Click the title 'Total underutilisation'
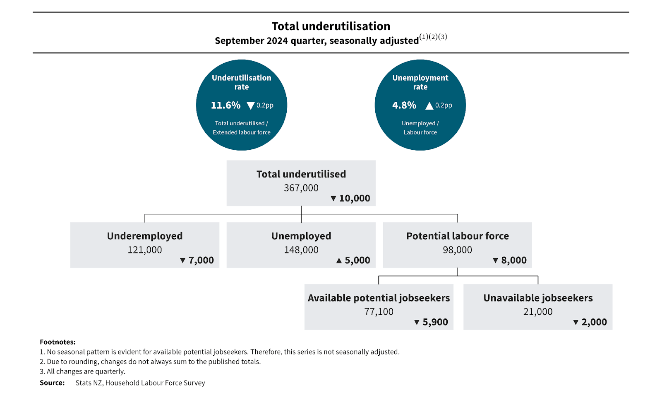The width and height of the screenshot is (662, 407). point(331,26)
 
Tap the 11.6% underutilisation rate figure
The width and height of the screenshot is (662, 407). point(225,105)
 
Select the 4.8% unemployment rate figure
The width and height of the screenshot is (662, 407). point(404,105)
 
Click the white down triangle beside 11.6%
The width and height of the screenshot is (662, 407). point(250,105)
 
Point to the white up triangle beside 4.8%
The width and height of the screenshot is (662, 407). point(429,106)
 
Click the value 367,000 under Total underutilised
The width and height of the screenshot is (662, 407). point(301,188)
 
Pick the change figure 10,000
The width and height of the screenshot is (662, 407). point(355,198)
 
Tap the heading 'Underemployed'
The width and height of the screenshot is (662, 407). point(144,236)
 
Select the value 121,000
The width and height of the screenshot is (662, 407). point(144,250)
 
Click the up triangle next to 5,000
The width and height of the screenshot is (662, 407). point(339,261)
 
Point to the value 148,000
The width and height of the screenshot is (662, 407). point(301,250)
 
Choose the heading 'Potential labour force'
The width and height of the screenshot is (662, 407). point(457,236)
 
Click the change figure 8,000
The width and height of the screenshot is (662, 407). point(514,260)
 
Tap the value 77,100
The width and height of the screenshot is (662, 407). point(379,311)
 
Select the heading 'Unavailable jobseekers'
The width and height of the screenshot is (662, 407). point(538,298)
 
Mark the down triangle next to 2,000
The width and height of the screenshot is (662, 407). point(576,322)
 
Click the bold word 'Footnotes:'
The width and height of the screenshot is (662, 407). point(58,342)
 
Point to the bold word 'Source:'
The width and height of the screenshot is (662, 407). point(52,383)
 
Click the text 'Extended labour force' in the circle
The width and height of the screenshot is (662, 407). point(242,132)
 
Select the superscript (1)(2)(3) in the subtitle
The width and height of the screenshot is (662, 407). point(433,37)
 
